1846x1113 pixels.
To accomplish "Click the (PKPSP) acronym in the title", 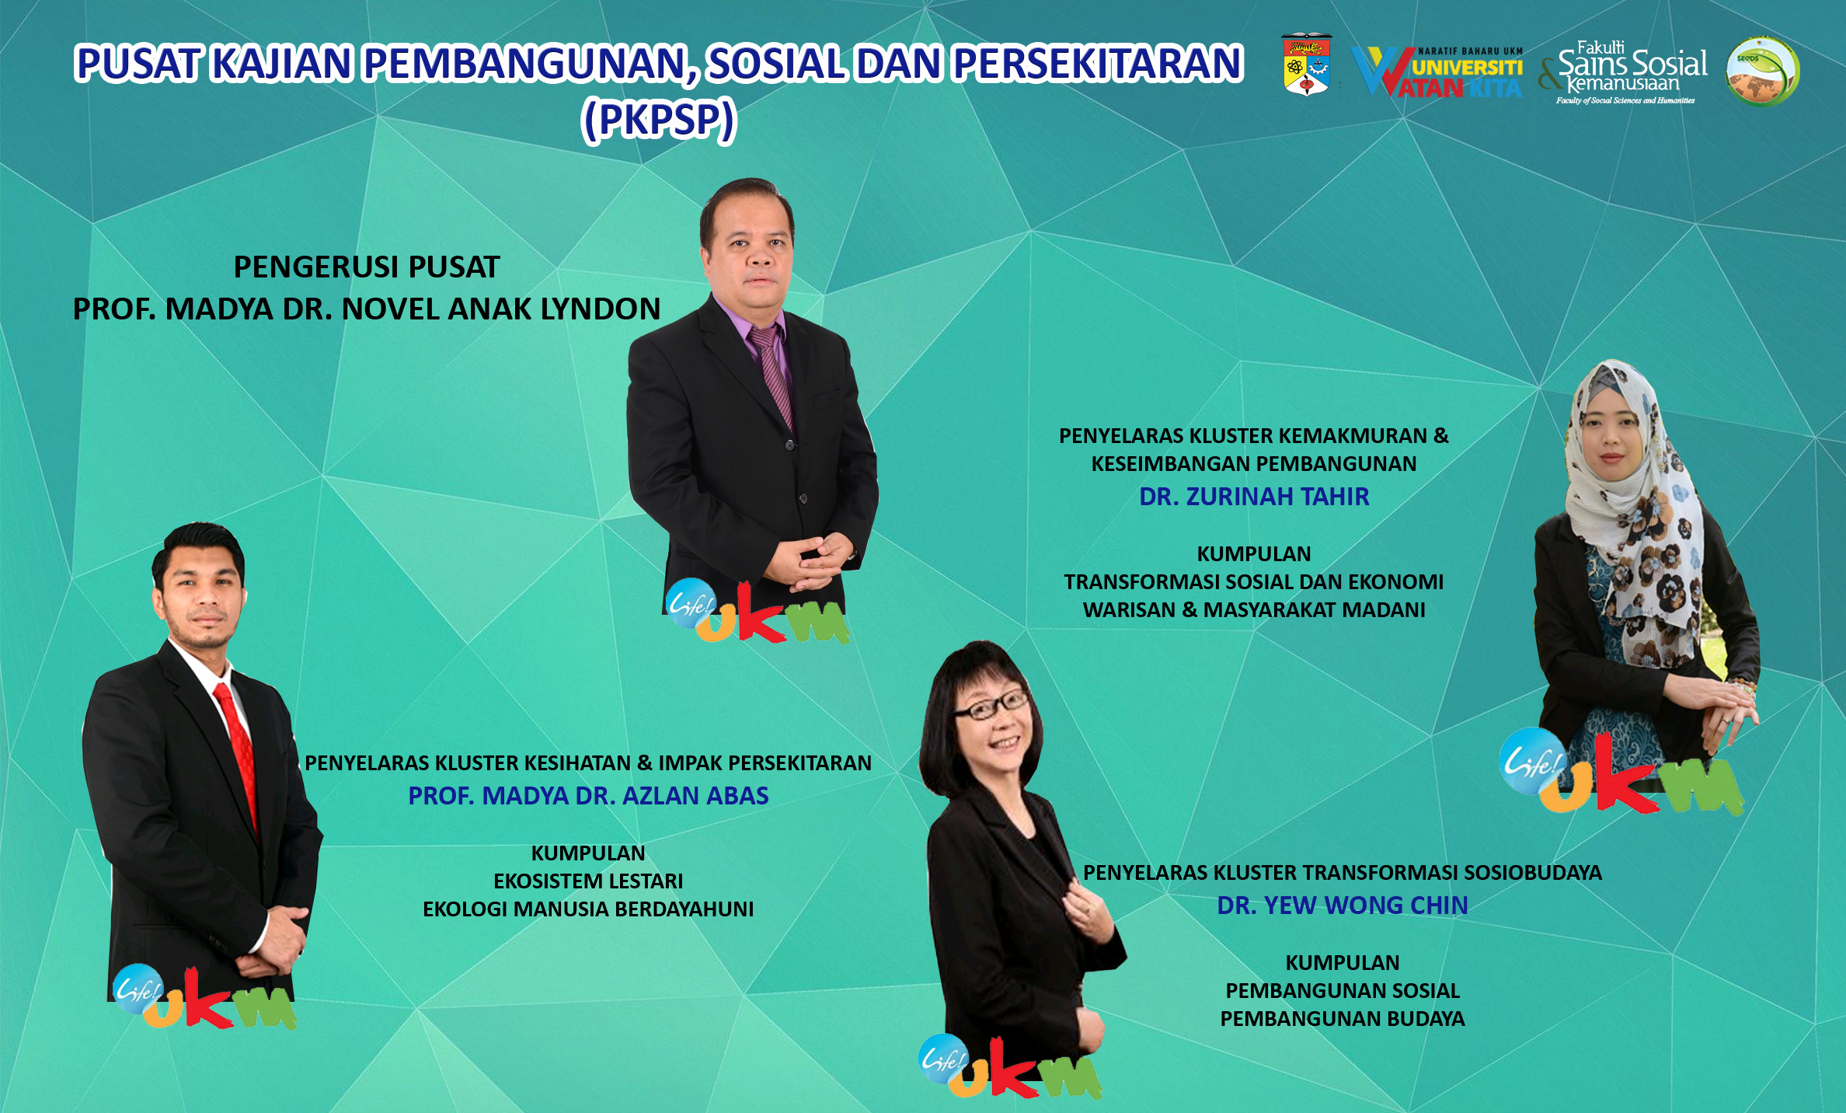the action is tap(658, 120).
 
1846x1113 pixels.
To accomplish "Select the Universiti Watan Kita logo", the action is tap(1437, 72).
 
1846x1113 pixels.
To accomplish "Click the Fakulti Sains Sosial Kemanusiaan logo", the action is tap(1623, 72).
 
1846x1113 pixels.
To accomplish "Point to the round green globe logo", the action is tap(1762, 72).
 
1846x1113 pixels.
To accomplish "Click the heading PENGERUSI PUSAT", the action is tap(367, 267).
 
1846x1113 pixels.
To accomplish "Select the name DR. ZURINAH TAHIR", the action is tap(1254, 496).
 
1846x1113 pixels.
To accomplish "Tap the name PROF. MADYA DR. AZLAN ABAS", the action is tap(588, 795).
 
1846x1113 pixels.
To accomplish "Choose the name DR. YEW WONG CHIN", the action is tap(1343, 905).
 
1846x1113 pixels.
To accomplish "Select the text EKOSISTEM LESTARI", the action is tap(588, 881).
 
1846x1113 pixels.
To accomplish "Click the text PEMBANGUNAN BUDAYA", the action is tap(1343, 1018).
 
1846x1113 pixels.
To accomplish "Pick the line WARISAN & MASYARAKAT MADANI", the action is tap(1254, 609).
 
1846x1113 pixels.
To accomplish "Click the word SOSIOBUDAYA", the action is tap(1533, 872).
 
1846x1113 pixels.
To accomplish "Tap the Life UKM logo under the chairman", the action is tap(758, 612).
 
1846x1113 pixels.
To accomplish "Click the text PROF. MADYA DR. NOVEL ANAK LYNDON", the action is tap(367, 309).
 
